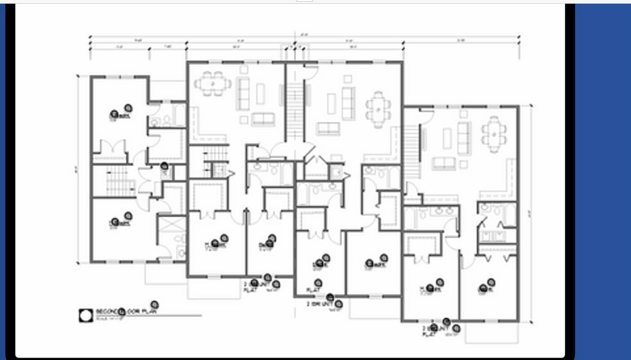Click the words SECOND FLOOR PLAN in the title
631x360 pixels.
pyautogui.click(x=126, y=311)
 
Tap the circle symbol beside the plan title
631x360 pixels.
pyautogui.click(x=85, y=315)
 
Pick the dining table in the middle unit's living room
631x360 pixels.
pyautogui.click(x=378, y=105)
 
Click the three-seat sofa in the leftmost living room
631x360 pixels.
pyautogui.click(x=243, y=94)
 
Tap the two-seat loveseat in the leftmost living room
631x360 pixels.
pyautogui.click(x=262, y=119)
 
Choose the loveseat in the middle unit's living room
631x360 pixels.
pyautogui.click(x=328, y=128)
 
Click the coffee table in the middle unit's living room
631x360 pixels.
pyautogui.click(x=332, y=103)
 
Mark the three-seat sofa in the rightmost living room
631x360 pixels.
pyautogui.click(x=464, y=136)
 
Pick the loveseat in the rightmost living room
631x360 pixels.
pyautogui.click(x=444, y=163)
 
